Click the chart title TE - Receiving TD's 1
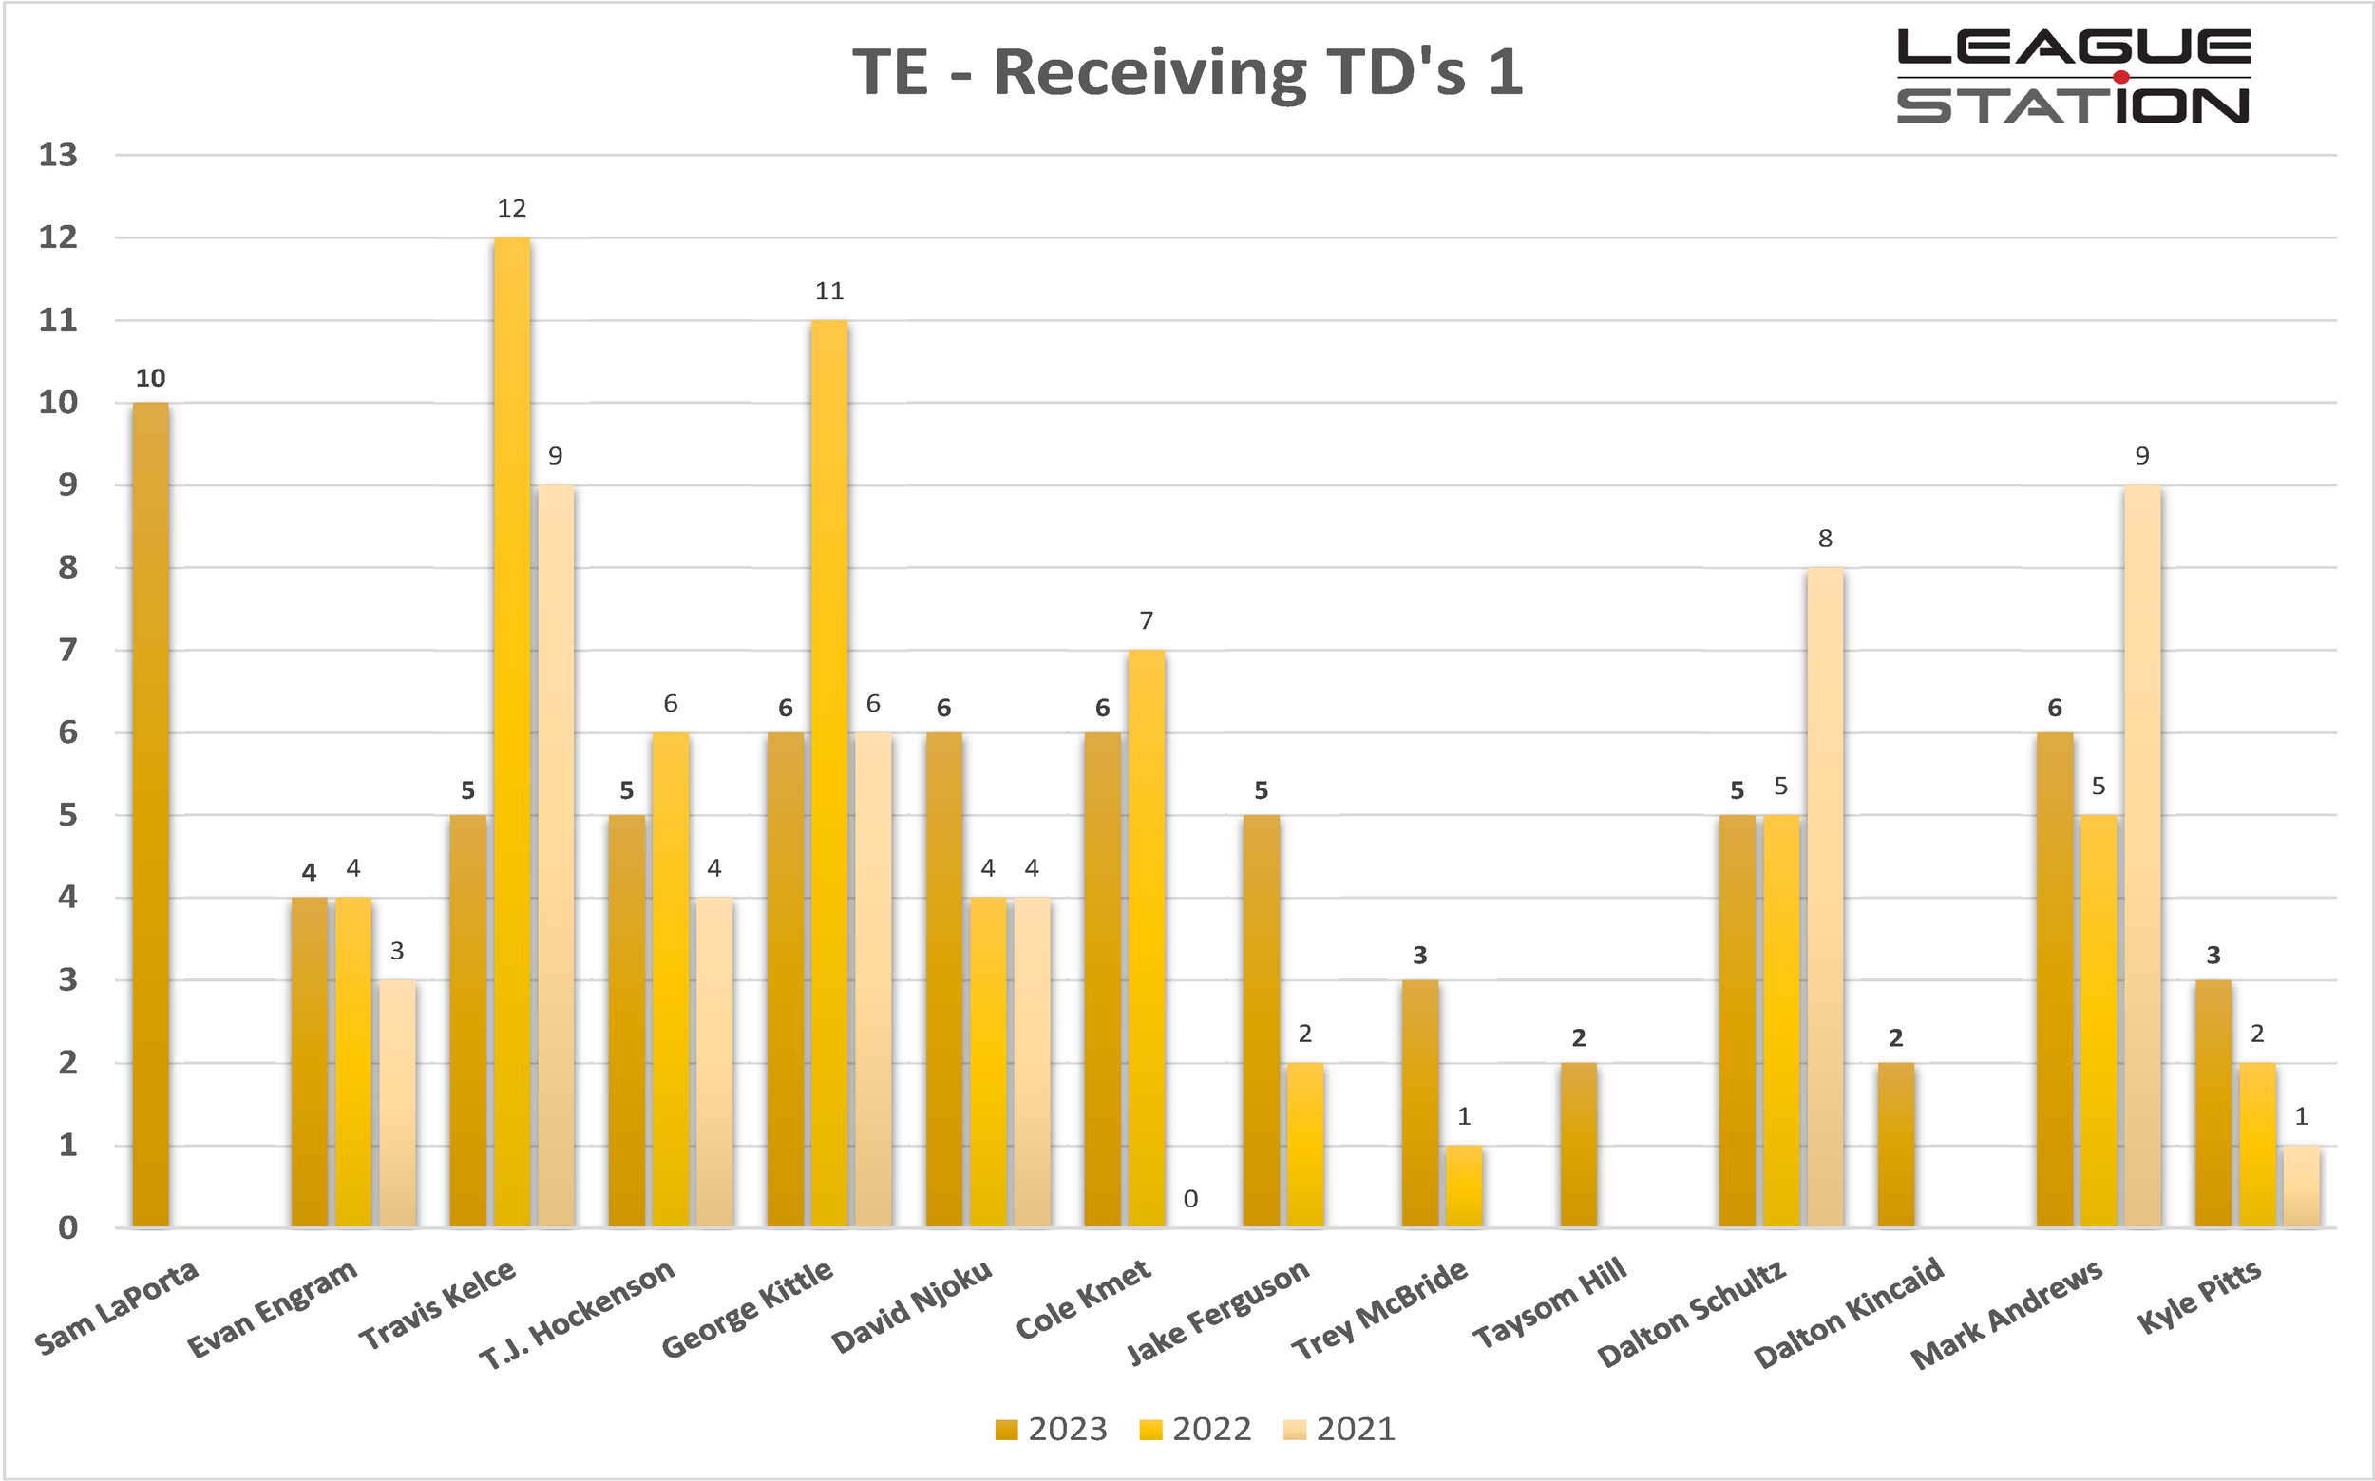click(x=1187, y=72)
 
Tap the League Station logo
click(x=2072, y=76)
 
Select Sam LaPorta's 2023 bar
click(x=150, y=814)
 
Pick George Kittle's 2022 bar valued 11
click(x=828, y=773)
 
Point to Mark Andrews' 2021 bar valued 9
click(x=2142, y=855)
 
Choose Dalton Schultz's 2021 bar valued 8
click(x=1825, y=896)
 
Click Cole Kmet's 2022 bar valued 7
click(x=1146, y=938)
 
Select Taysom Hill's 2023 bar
click(x=1578, y=1144)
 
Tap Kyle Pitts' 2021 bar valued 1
click(x=2301, y=1186)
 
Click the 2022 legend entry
click(x=1196, y=1429)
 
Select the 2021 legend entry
click(x=1339, y=1429)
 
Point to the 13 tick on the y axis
click(x=58, y=155)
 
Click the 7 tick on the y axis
click(x=66, y=650)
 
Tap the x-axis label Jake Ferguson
click(x=1217, y=1311)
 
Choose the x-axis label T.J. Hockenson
click(x=577, y=1313)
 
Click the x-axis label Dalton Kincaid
click(x=1848, y=1312)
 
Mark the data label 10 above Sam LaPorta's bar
click(x=150, y=378)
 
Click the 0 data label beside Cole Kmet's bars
click(x=1190, y=1199)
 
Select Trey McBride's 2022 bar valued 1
click(x=1463, y=1186)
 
